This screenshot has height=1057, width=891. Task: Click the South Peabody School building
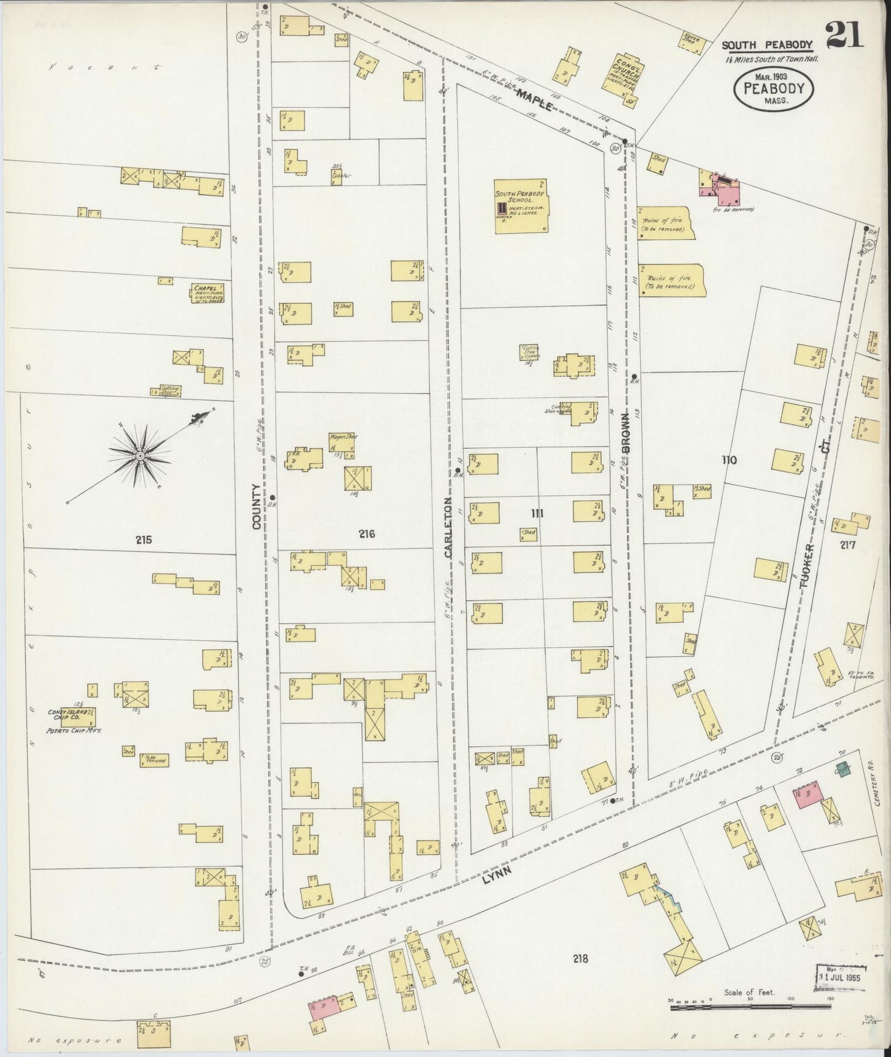pos(522,207)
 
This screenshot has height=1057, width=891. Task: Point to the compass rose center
pos(140,456)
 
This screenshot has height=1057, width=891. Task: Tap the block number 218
pos(580,976)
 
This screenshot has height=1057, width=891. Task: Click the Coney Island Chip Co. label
pos(71,715)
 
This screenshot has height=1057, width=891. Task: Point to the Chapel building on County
pos(207,294)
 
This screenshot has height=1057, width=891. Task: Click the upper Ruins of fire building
pos(667,223)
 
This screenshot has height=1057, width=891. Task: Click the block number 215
pos(143,540)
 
